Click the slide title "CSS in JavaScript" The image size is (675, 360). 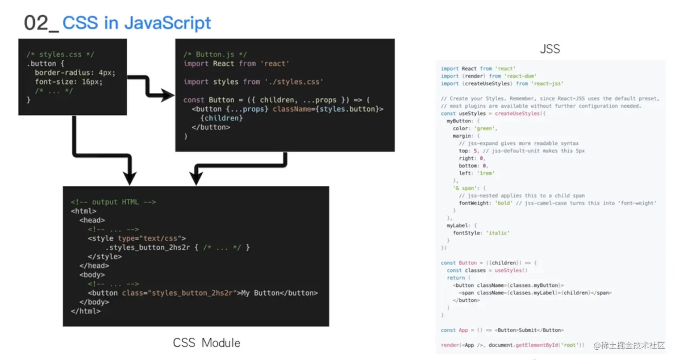point(136,23)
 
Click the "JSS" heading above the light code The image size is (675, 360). point(550,49)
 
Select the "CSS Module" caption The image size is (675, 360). point(207,343)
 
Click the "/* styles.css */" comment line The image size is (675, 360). point(60,54)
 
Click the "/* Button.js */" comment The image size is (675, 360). point(215,54)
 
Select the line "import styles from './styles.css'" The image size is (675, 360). point(253,82)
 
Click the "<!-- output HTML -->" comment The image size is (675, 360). point(113,202)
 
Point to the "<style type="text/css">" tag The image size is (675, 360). point(137,238)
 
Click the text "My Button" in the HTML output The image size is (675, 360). point(260,293)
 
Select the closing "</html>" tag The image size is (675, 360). point(86,311)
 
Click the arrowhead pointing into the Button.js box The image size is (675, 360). point(168,95)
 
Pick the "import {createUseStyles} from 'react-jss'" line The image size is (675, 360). point(502,84)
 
